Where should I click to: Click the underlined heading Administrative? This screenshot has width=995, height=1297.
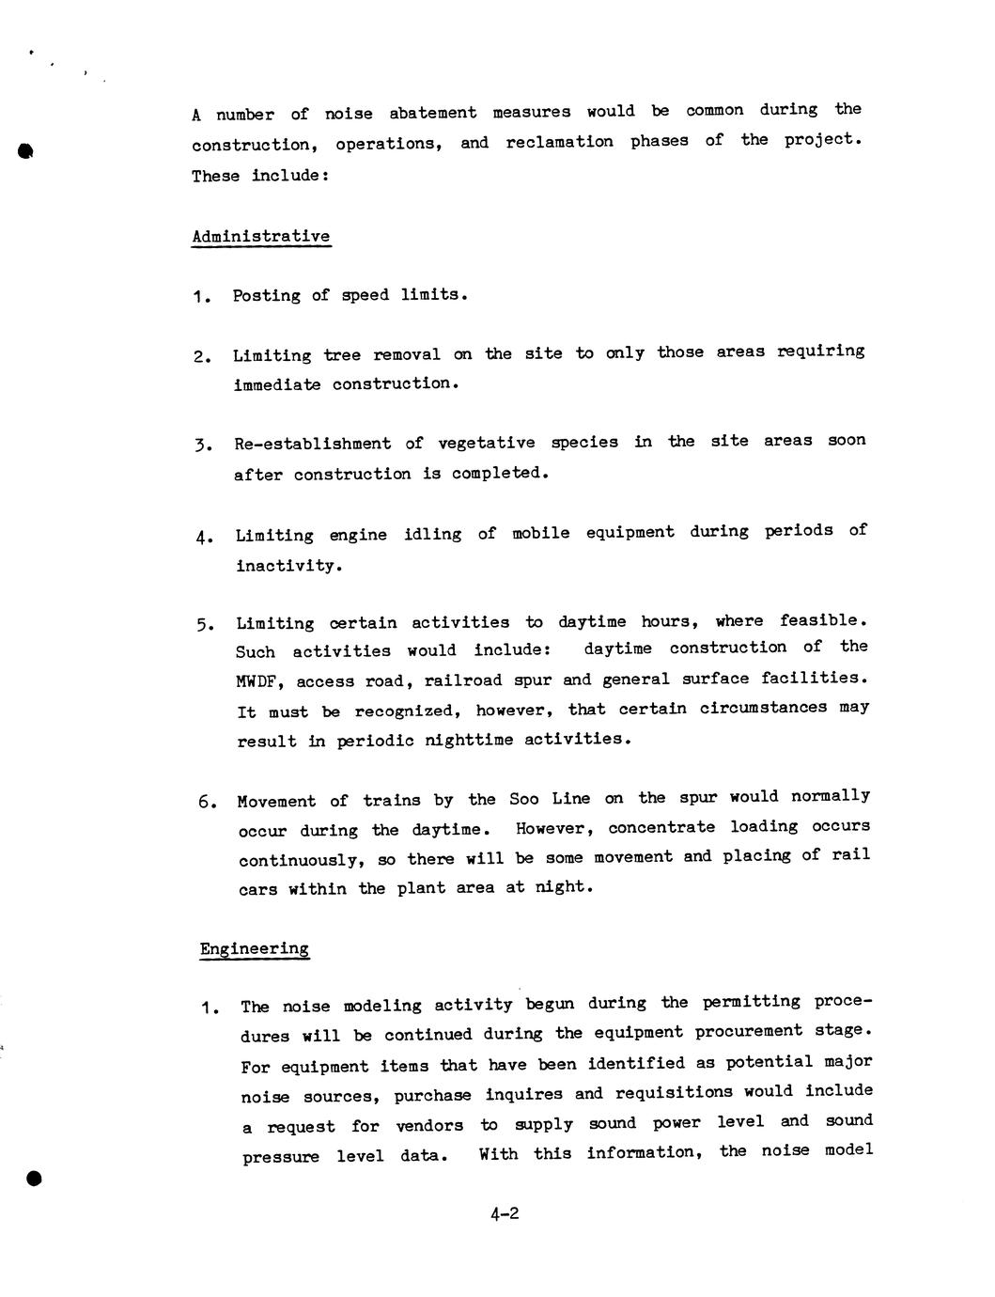tap(260, 236)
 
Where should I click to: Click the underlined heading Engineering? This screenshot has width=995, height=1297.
tap(254, 948)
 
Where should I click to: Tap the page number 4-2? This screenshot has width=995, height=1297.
tap(504, 1213)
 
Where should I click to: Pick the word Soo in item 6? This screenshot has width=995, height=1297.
tap(523, 799)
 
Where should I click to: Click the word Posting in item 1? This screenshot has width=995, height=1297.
tap(267, 295)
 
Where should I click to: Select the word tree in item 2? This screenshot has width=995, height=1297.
tap(341, 354)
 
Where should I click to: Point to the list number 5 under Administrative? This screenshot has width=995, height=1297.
tap(204, 625)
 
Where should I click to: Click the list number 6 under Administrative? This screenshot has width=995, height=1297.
tap(205, 802)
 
